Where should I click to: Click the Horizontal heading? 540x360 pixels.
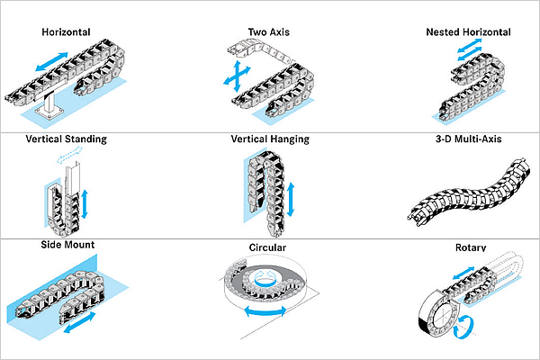point(67,32)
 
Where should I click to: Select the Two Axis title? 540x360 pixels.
point(269,32)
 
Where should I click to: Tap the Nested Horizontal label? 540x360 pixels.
point(468,32)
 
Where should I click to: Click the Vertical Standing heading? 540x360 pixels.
point(67,139)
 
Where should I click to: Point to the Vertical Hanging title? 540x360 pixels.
point(270,139)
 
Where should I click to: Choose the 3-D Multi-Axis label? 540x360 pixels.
point(468,139)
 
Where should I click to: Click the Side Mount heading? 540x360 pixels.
point(67,245)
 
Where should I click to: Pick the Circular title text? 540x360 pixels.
point(268,247)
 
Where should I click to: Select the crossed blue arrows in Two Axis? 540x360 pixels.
point(236,76)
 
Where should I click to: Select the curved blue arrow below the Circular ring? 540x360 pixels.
point(261,311)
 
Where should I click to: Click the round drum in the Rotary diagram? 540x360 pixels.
point(439,315)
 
